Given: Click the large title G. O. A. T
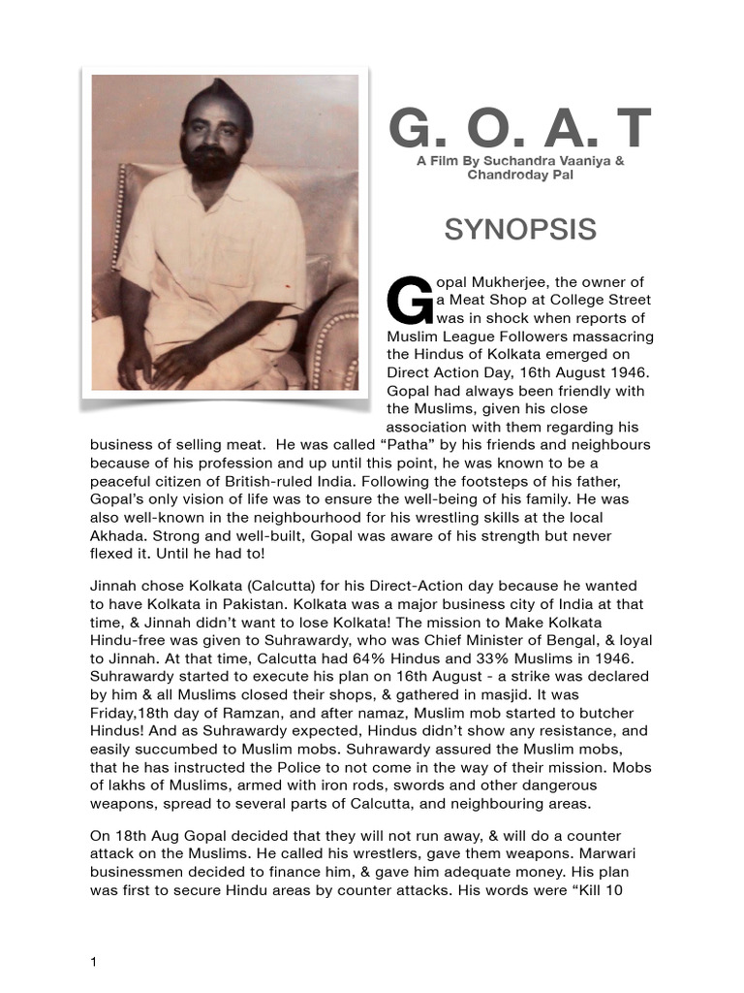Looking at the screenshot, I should click(x=520, y=129).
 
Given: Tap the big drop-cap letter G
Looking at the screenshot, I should click(x=407, y=301).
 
